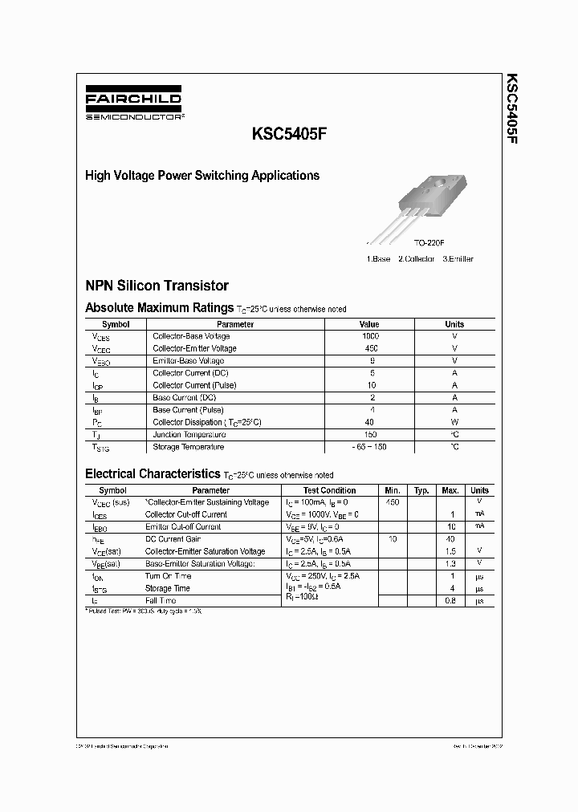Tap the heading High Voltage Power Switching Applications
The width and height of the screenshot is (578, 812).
[x=201, y=176]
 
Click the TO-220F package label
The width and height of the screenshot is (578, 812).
[x=429, y=242]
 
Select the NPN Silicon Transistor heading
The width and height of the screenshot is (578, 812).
[x=157, y=286]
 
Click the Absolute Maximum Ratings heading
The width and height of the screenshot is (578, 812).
[x=159, y=307]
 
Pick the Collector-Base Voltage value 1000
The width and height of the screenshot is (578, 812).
[x=370, y=336]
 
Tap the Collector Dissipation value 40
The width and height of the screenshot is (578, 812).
[x=370, y=422]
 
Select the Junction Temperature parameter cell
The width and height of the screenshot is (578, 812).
[x=189, y=434]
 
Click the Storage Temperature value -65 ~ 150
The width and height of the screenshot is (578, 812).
[x=370, y=447]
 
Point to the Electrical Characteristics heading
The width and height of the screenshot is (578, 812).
[x=152, y=474]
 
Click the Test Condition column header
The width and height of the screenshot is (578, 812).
[x=329, y=490]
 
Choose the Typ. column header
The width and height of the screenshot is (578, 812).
[x=421, y=490]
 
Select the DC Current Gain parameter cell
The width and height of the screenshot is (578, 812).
[x=173, y=539]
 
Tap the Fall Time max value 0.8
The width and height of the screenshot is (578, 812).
[x=451, y=600]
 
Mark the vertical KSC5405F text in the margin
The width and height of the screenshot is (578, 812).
[x=511, y=109]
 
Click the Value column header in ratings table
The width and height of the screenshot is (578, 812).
[x=370, y=324]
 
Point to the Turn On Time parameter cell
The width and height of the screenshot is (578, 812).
[x=168, y=576]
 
